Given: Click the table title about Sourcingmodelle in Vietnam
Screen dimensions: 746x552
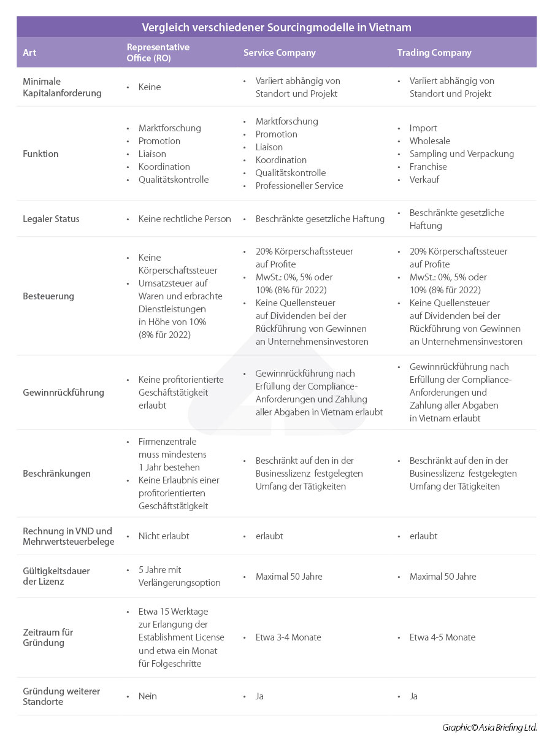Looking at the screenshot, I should point(276,27).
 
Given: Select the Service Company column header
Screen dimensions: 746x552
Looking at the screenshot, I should point(279,53).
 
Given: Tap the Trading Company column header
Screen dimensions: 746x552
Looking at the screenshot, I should point(434,53).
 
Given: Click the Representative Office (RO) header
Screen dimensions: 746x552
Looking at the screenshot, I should point(158,53).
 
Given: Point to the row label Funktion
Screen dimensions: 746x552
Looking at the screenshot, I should point(40,154).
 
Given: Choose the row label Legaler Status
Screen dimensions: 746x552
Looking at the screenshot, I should point(51,219).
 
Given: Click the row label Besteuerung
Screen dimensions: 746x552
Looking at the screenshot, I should point(48,296).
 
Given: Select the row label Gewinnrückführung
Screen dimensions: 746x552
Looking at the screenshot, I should point(63,393).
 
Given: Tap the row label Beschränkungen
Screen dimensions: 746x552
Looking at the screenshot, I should point(56,474).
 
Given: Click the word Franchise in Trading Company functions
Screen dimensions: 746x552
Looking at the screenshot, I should point(428,167).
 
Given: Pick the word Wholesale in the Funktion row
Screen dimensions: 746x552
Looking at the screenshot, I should point(430,141).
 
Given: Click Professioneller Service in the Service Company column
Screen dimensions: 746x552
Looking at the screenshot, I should point(299,186).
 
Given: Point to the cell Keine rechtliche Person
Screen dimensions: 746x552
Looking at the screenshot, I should point(185,219).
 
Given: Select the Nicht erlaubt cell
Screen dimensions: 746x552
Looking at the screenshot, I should point(164,536).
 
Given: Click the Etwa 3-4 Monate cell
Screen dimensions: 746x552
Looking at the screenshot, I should point(288,637).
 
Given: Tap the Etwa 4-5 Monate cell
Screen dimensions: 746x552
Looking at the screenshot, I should point(442,637).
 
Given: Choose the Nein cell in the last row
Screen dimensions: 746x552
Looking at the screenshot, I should point(148,696).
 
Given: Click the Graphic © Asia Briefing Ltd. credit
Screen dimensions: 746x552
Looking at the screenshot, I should point(489,728).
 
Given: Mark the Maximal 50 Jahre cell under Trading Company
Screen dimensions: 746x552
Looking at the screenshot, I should point(443,577).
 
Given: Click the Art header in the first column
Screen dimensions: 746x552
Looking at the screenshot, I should point(29,53).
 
